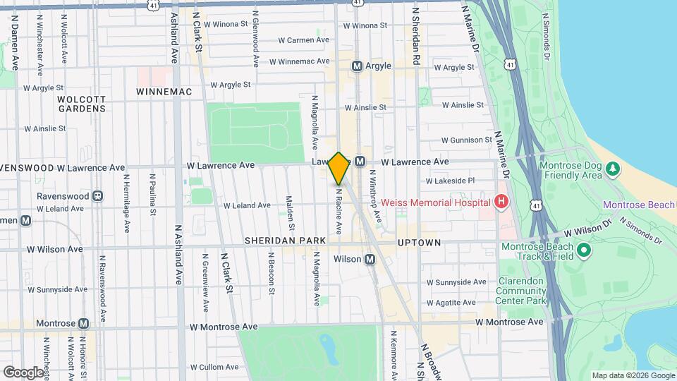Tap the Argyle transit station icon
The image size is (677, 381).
(357, 66)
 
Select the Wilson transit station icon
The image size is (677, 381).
(370, 260)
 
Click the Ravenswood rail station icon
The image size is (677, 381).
(97, 195)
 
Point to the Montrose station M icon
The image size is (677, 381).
(83, 323)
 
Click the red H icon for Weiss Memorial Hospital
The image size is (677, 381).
(501, 202)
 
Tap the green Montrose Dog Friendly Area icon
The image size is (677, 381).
(613, 168)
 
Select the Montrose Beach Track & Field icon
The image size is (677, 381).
(583, 250)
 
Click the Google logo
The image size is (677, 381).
(23, 372)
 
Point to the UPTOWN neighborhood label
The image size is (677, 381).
(419, 243)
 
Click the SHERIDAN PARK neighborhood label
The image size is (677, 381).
(285, 241)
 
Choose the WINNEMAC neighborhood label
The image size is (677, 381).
(164, 92)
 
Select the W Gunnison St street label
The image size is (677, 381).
(466, 140)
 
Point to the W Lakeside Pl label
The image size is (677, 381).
(451, 181)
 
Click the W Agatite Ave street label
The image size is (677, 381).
(456, 301)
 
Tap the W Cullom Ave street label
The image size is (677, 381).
(216, 367)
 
